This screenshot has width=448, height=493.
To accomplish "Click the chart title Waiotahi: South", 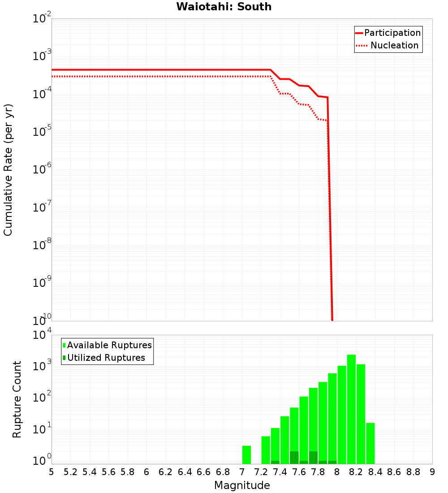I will pos(224,7).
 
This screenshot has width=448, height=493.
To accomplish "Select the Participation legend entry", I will pos(392,33).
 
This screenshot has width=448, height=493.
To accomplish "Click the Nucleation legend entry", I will pos(394,45).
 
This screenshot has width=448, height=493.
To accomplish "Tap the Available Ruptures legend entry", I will pos(109,345).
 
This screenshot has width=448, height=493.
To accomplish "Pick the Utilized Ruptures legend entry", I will pos(106,358).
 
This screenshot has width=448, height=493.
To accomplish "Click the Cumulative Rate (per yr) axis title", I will pos(8,169).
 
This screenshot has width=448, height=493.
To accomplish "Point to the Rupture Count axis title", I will pos(17,399).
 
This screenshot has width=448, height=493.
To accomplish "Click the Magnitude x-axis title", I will pos(242,485).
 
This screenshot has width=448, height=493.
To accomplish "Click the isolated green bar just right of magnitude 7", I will pos(246,454).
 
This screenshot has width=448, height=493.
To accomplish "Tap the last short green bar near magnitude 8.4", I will pos(370,443).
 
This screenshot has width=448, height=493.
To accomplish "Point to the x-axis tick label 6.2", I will pos(166,471).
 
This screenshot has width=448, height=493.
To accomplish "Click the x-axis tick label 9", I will pos(432,471).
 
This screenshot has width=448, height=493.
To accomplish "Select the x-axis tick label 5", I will pos(52,471).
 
